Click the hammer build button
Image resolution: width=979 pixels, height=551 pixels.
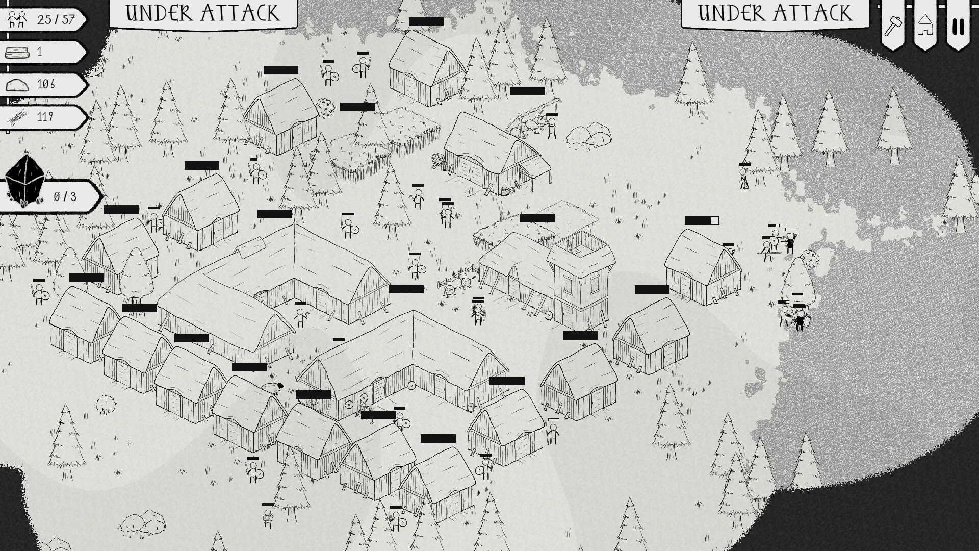click(893, 24)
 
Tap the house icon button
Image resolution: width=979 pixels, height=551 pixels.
click(925, 24)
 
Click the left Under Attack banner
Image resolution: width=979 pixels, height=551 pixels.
click(203, 13)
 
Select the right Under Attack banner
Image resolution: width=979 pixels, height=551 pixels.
click(775, 13)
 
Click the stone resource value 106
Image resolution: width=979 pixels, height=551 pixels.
click(46, 84)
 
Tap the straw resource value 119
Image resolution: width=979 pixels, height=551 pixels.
click(45, 117)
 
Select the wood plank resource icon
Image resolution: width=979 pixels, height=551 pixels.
click(17, 52)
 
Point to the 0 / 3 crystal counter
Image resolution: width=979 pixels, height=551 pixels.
click(65, 196)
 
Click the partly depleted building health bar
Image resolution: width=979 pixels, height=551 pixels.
click(702, 220)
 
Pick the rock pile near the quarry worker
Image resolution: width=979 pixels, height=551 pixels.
click(589, 134)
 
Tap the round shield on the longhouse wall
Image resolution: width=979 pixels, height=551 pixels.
click(411, 386)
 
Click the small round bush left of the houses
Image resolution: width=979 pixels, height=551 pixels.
click(106, 404)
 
